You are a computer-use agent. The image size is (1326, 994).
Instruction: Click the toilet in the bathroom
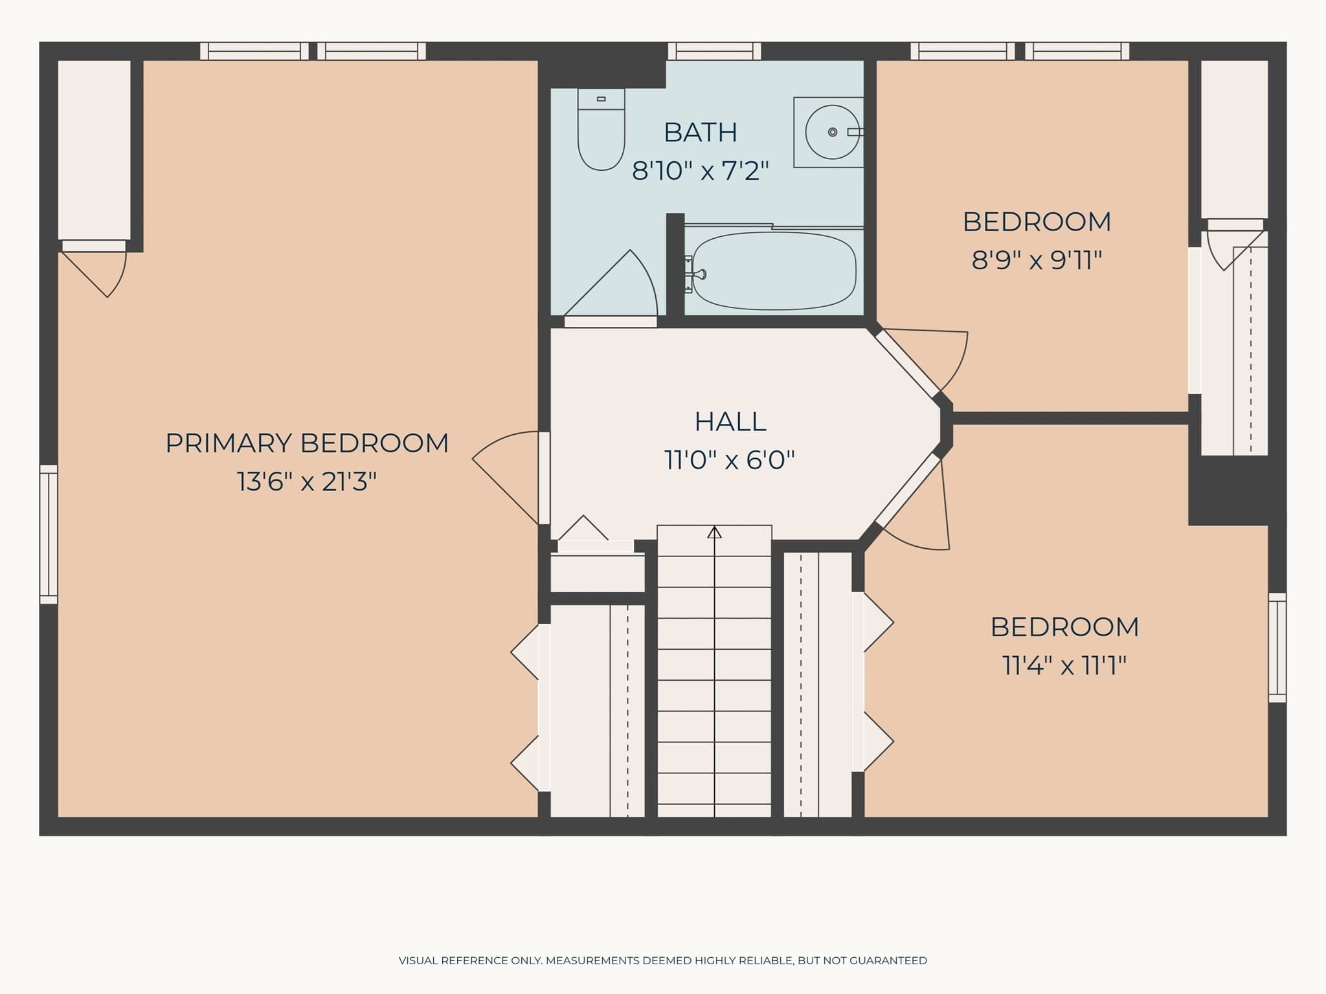click(x=601, y=129)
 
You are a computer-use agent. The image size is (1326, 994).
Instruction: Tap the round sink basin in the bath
click(x=833, y=132)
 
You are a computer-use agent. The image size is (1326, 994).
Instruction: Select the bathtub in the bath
click(x=774, y=271)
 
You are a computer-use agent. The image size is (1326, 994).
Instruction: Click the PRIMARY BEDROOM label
click(x=307, y=443)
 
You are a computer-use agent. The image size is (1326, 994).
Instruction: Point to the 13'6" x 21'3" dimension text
click(x=307, y=481)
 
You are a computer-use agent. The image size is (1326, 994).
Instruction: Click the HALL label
click(x=730, y=422)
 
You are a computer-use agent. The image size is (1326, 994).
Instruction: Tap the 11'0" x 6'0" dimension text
click(x=730, y=460)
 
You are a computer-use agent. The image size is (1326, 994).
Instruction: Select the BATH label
click(x=701, y=133)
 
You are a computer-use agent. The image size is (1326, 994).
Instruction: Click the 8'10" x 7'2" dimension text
click(x=701, y=171)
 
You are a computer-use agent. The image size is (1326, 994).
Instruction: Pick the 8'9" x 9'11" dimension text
click(x=1037, y=260)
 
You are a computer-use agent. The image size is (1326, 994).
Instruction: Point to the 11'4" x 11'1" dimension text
click(x=1064, y=665)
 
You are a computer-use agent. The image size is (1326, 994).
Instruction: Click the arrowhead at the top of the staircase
click(x=714, y=532)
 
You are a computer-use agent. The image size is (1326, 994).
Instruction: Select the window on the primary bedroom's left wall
click(x=49, y=535)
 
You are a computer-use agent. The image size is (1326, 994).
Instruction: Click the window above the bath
click(x=714, y=51)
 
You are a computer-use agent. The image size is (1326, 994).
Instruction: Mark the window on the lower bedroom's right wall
click(x=1277, y=647)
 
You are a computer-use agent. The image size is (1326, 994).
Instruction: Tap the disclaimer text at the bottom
click(x=663, y=960)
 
